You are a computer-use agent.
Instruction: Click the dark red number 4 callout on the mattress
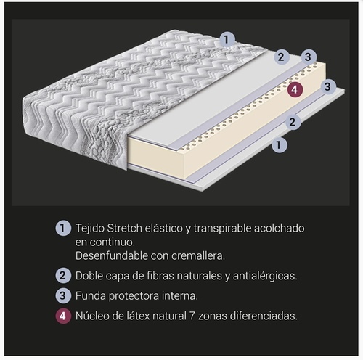(x=295, y=90)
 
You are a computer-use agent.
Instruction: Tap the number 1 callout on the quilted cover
(x=227, y=39)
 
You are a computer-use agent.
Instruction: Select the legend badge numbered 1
(x=63, y=228)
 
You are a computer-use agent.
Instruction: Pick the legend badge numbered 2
(x=63, y=275)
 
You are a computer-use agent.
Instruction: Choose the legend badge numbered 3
(x=63, y=295)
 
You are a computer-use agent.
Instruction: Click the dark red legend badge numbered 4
(x=63, y=316)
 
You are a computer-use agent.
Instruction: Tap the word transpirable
(x=222, y=229)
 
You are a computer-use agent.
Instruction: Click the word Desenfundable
(x=111, y=255)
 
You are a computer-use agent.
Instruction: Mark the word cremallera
(x=198, y=255)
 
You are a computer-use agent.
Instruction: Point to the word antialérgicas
(x=265, y=276)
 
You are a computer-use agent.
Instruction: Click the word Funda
(x=91, y=296)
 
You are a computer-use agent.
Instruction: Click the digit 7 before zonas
(x=192, y=316)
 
